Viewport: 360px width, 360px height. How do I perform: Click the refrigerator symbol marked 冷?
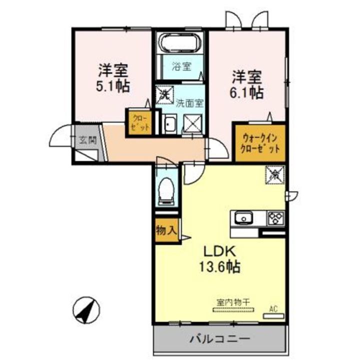274,174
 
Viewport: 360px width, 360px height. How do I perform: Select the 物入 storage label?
166,231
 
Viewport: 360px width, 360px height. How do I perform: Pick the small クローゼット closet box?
138,122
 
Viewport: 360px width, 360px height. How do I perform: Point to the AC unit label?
273,309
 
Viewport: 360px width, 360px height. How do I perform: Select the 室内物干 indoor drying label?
233,302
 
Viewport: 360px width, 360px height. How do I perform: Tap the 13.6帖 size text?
220,266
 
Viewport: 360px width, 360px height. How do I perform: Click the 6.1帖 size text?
247,92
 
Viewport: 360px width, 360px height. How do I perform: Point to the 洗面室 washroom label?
189,103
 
